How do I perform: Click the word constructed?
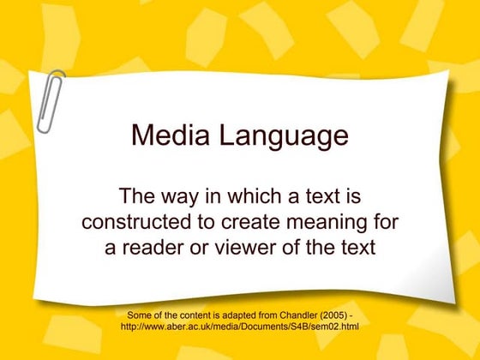(x=138, y=221)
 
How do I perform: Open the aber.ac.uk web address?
(x=239, y=327)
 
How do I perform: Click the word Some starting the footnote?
(x=140, y=315)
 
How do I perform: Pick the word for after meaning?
(x=388, y=221)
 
